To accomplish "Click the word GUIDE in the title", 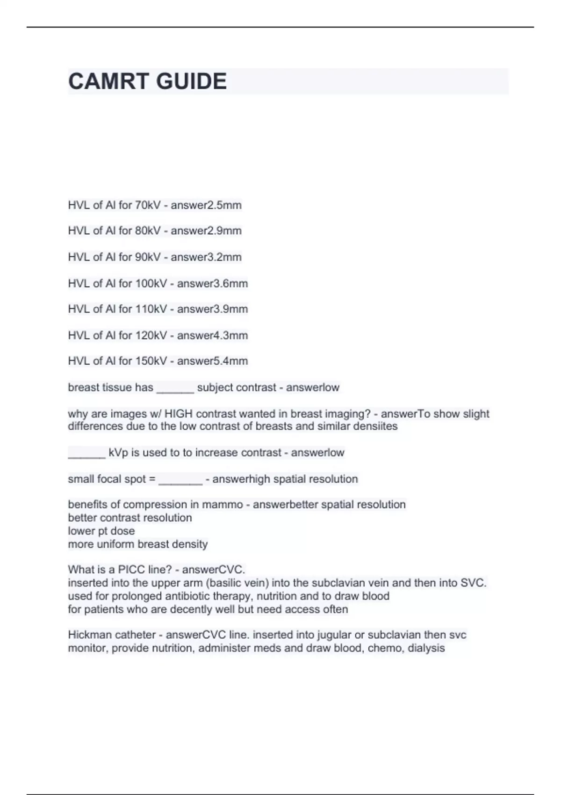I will click(x=191, y=81).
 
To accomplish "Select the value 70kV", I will click(x=148, y=205).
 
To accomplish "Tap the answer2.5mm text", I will click(x=206, y=205).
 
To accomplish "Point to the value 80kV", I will click(x=148, y=231).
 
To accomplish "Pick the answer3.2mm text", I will click(x=206, y=257).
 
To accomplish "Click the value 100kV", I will click(x=151, y=283).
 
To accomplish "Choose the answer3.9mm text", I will click(x=212, y=309).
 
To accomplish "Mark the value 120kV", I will click(x=151, y=335).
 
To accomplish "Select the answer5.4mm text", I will click(x=212, y=361).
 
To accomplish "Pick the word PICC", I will click(x=131, y=570).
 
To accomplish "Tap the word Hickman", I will click(x=88, y=635).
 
